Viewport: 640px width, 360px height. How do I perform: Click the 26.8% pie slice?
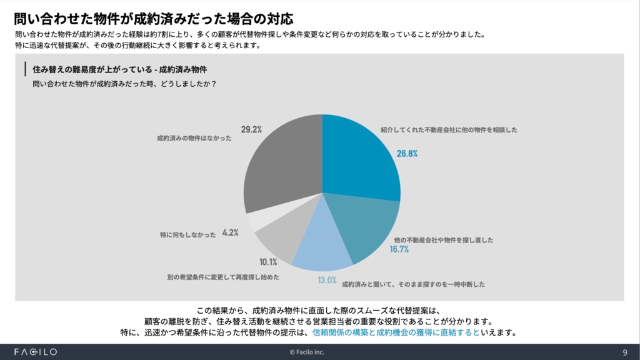click(x=359, y=156)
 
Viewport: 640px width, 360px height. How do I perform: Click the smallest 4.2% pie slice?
click(x=258, y=221)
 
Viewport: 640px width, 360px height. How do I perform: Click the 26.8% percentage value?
click(x=406, y=153)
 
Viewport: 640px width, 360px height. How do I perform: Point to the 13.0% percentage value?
click(x=327, y=280)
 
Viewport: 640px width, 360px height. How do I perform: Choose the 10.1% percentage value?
click(x=268, y=262)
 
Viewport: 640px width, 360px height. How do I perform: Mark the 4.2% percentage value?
click(x=231, y=232)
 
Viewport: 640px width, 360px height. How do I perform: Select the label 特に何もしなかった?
click(x=188, y=235)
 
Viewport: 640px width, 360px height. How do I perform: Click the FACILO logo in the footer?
click(x=36, y=352)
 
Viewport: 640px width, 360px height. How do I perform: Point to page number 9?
click(x=625, y=352)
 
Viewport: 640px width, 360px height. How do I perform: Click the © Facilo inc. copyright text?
click(x=319, y=352)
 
